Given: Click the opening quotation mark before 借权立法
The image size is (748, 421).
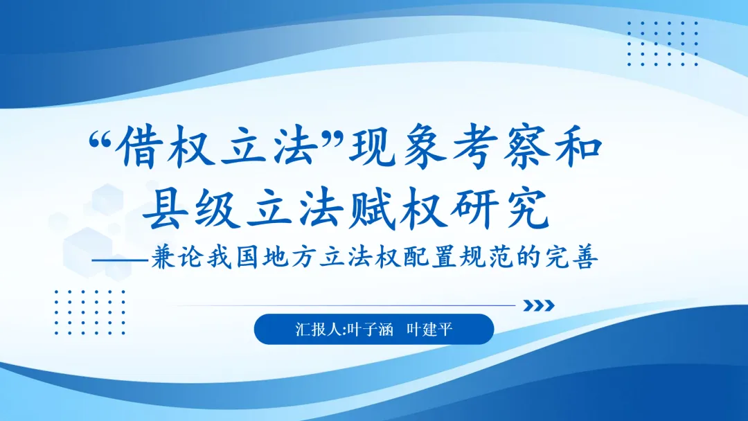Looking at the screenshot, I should point(102,138).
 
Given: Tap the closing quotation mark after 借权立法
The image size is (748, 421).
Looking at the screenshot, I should point(339,138).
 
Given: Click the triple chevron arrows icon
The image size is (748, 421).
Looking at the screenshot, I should point(538,305).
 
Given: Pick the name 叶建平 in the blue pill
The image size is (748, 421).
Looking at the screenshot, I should point(429,330).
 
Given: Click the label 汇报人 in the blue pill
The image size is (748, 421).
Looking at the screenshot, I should point(316,330).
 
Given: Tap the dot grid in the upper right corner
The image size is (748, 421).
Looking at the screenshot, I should point(662,43).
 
